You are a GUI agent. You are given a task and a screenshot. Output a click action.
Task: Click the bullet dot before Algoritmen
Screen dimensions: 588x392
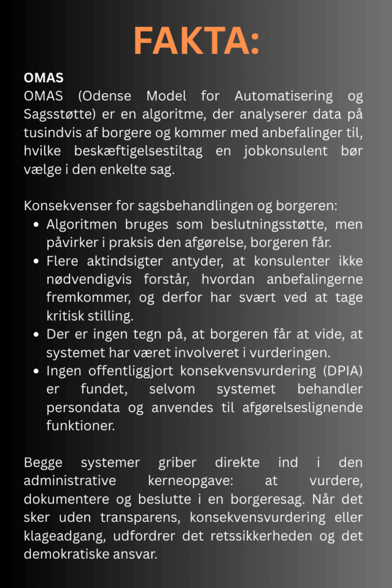(37, 224)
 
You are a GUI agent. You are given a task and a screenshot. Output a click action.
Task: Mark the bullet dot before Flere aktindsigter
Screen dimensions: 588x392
(37, 261)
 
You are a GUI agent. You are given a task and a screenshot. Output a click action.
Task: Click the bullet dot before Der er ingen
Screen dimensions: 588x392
(37, 335)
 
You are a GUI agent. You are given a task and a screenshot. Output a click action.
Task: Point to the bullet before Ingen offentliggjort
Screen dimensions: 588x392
(37, 372)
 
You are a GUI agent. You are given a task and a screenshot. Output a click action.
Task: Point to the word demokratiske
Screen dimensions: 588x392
(67, 554)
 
